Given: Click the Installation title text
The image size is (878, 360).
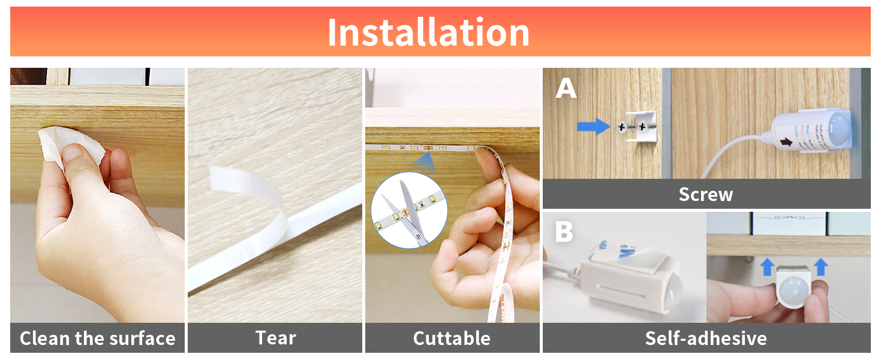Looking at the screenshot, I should (428, 32).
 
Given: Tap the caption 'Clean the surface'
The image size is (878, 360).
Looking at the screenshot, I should (97, 338).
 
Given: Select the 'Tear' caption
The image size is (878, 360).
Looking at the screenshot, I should (275, 338).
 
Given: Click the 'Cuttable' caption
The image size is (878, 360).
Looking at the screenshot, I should (452, 338).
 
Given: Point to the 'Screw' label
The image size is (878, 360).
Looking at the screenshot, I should (705, 194).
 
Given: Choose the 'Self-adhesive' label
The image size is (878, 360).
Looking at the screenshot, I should (705, 338).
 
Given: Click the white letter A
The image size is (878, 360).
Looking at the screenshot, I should (566, 88).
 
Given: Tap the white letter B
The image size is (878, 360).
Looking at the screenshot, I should (564, 232).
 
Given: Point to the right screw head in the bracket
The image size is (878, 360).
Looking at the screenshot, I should (644, 127).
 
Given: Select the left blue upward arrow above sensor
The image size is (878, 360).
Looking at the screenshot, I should (767, 267).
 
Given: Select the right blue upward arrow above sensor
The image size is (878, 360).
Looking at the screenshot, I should (821, 267).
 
